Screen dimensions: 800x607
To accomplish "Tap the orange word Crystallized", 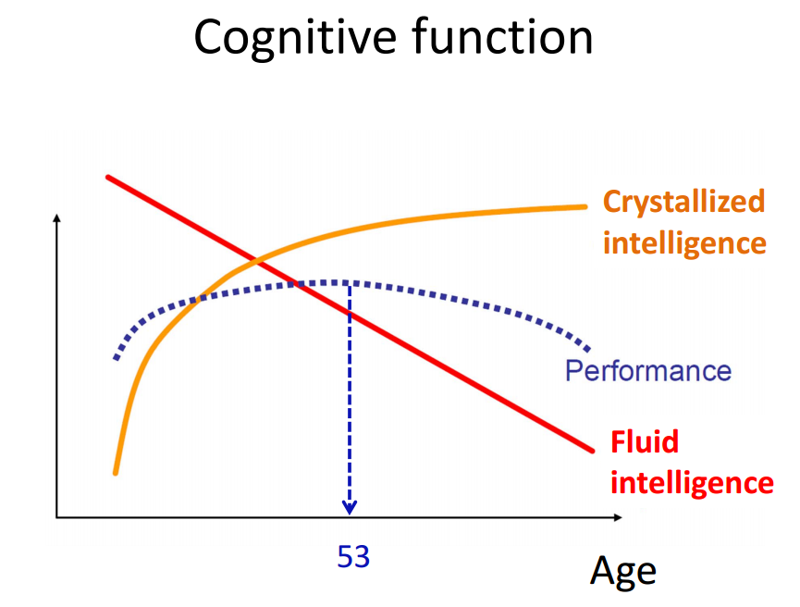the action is (x=683, y=203).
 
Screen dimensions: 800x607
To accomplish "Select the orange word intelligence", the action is (x=684, y=243).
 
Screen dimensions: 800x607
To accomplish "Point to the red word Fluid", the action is (x=645, y=441).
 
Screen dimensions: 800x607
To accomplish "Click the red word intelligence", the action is (x=692, y=482).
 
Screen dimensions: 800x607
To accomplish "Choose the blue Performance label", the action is (x=648, y=371).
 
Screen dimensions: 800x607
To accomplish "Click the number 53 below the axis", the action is (x=353, y=556).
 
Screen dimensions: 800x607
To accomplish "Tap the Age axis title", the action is (x=623, y=571).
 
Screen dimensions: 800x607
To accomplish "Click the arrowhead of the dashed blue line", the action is (x=350, y=508).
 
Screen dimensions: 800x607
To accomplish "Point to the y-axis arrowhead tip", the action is (x=56, y=215).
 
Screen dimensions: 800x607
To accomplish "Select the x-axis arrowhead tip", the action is (x=622, y=517).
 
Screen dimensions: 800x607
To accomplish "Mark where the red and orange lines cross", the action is (x=255, y=261).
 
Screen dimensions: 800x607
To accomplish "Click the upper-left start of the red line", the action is (x=107, y=177).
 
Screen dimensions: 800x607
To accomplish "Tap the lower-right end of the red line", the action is (x=592, y=451).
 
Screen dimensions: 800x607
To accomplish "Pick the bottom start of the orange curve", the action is (x=116, y=473).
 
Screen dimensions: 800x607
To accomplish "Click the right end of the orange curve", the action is (x=585, y=206).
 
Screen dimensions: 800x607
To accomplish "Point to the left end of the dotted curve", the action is (x=117, y=357).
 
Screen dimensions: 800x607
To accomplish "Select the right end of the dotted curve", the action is (x=588, y=350).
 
